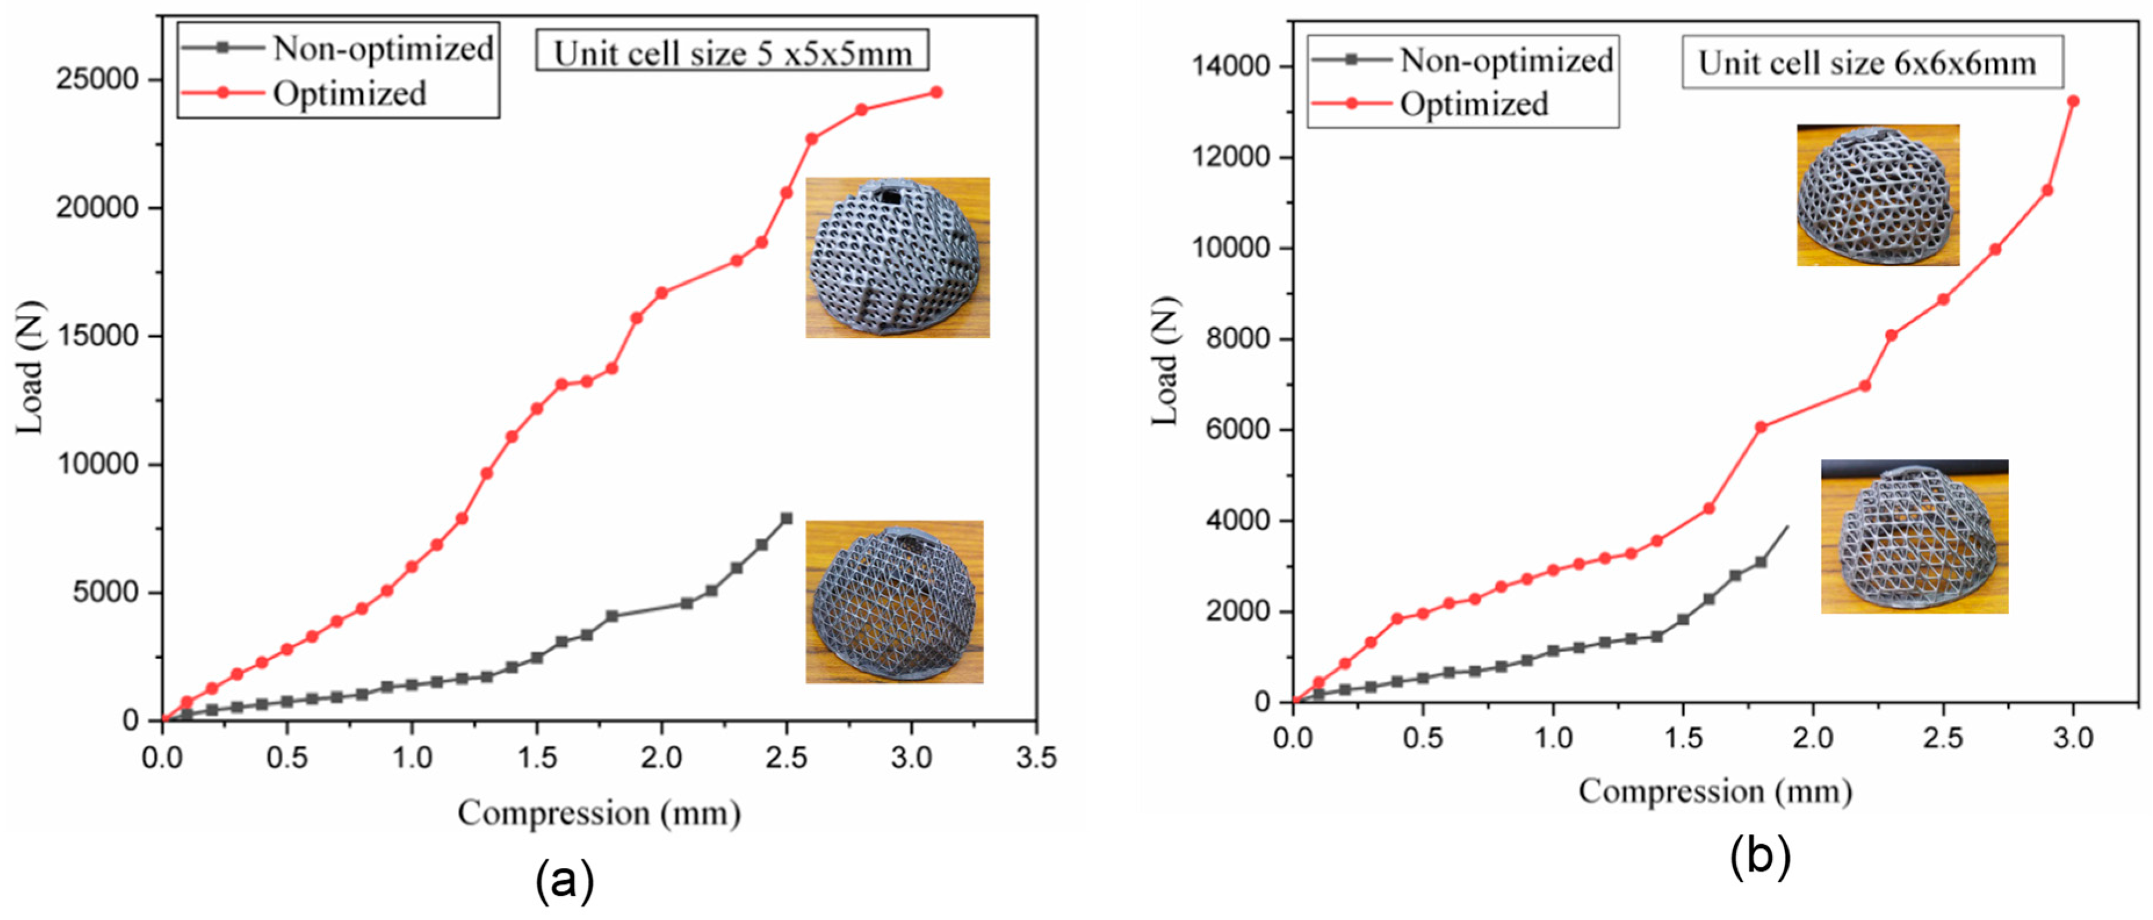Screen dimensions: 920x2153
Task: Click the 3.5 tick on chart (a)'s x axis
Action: point(1035,758)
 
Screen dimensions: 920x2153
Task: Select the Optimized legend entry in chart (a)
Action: point(349,93)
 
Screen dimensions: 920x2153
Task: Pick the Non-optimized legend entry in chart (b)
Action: point(1506,60)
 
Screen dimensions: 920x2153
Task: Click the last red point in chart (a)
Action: point(936,92)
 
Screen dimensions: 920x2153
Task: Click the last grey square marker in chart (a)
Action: point(786,518)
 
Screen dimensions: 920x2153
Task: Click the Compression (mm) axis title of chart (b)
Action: point(1715,791)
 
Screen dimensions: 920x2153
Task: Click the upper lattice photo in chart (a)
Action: point(897,258)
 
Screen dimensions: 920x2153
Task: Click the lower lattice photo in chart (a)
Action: point(894,602)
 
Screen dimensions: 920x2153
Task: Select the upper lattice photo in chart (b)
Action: point(1877,195)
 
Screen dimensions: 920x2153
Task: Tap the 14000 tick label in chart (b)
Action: point(1230,66)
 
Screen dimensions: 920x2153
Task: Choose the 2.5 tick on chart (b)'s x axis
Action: point(1942,738)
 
